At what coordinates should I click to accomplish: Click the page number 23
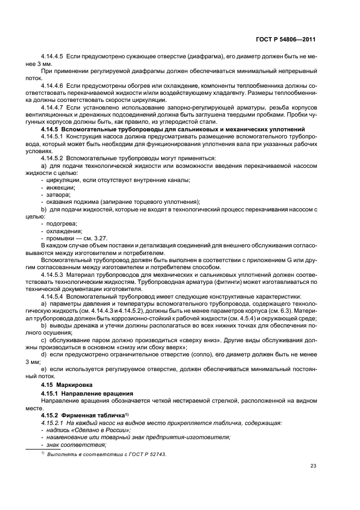[313, 465]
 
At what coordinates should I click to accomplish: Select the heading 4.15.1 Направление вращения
[82, 392]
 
